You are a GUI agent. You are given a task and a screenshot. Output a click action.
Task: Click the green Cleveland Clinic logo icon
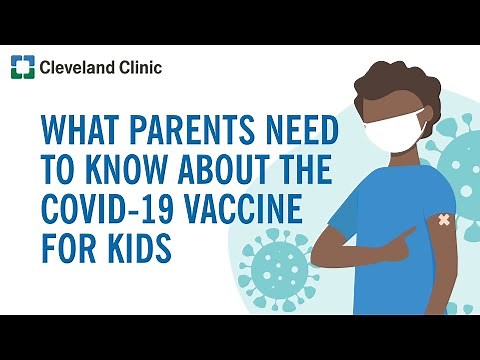(x=21, y=68)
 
